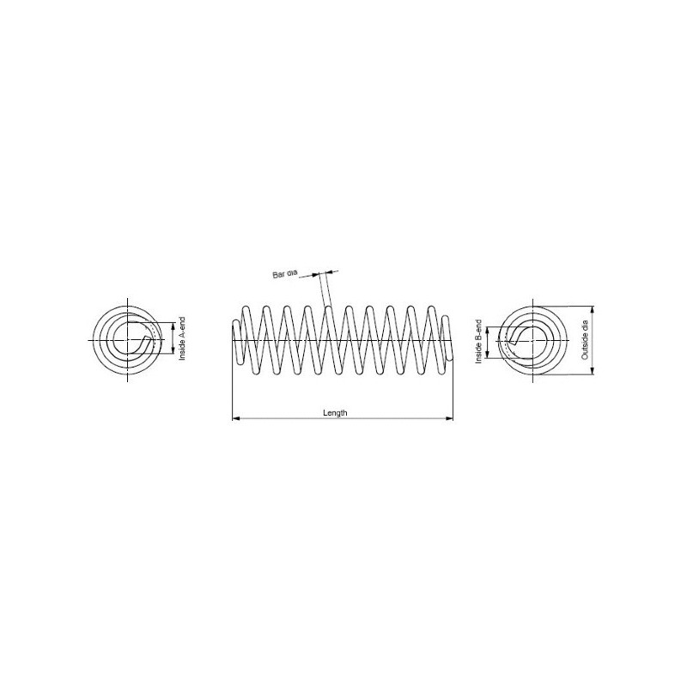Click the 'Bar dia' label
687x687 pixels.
(284, 273)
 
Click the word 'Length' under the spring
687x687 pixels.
(335, 413)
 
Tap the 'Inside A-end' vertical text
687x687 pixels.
(182, 339)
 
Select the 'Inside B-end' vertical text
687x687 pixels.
(479, 341)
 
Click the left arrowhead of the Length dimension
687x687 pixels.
(235, 419)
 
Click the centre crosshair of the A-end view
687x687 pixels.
(128, 340)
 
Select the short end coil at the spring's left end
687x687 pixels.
(234, 341)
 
